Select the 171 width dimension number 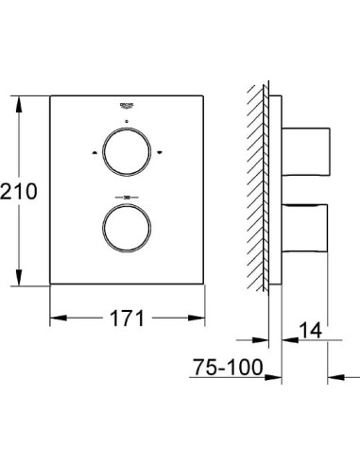coord(125,318)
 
